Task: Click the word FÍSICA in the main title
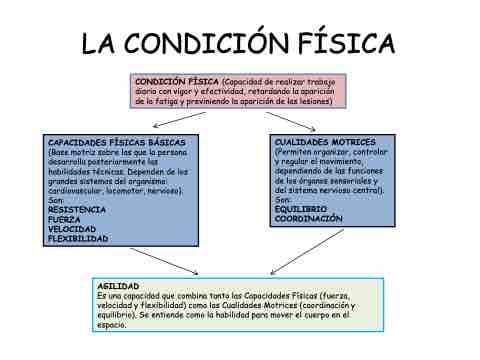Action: point(346,43)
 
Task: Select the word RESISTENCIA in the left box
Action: point(77,210)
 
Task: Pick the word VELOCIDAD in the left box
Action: point(72,229)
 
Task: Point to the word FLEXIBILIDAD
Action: point(78,239)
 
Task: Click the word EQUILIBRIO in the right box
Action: point(301,209)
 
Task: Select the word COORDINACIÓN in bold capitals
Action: point(309,219)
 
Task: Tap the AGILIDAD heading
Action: point(118,286)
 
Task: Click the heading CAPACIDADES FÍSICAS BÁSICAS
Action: point(117,143)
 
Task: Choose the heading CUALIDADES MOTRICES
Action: point(325,142)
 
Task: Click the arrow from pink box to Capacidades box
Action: point(179,120)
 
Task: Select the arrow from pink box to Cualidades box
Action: point(291,121)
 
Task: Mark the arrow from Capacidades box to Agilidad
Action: point(164,261)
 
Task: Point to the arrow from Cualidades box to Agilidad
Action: point(307,252)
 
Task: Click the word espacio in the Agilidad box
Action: point(111,325)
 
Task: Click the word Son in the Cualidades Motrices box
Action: point(283,200)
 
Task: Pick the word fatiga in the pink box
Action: point(163,101)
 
